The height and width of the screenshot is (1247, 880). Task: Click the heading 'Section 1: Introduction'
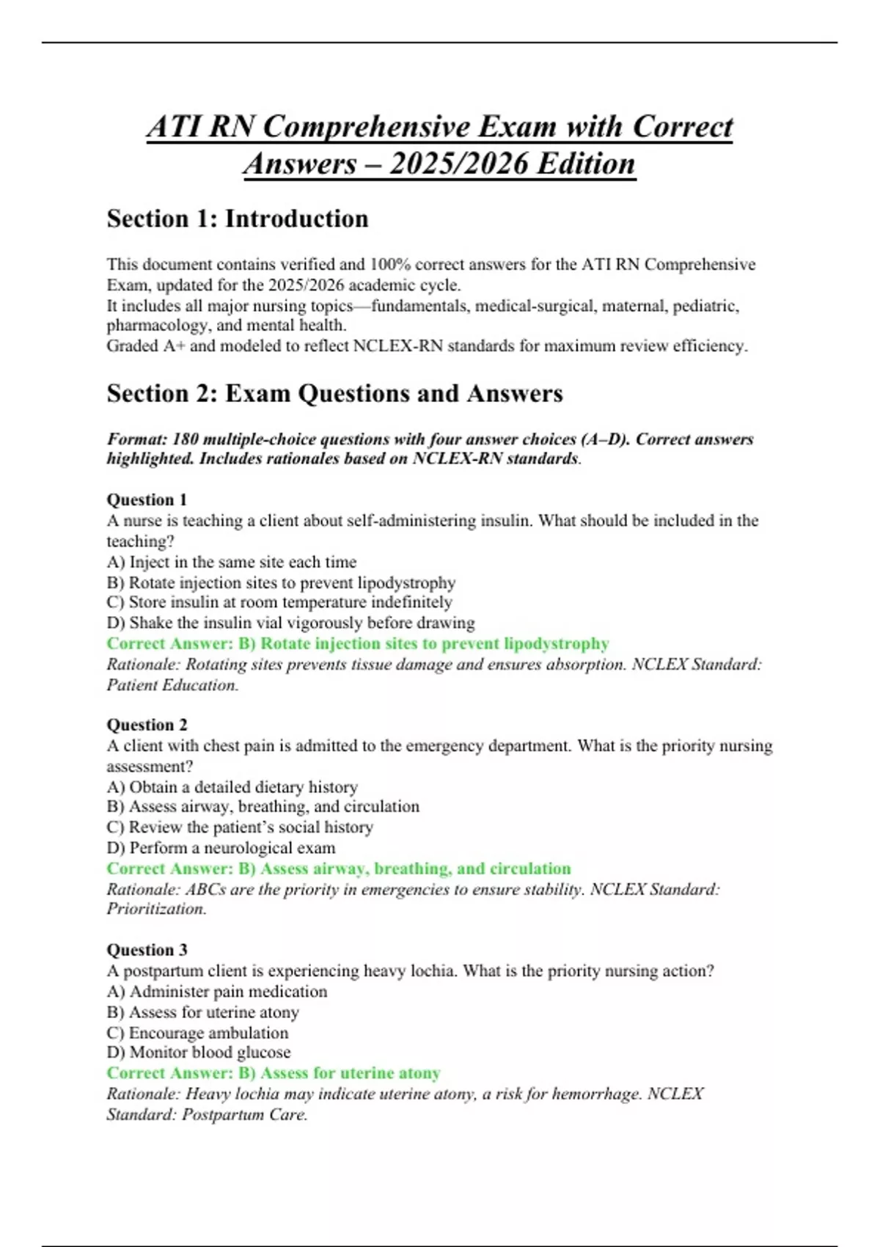(237, 219)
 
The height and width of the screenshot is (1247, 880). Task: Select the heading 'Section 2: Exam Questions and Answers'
(334, 393)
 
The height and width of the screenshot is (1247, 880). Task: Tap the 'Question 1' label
(147, 500)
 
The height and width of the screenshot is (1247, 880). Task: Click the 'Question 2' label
(147, 725)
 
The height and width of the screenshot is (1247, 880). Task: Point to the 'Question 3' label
(147, 950)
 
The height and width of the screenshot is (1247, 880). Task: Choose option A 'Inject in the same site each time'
(231, 562)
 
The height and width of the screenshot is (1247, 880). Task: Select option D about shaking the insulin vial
(290, 623)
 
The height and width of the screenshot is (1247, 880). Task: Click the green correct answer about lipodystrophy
(358, 643)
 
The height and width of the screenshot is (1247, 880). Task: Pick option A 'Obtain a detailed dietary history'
(232, 787)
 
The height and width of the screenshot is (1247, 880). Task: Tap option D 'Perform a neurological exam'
(221, 848)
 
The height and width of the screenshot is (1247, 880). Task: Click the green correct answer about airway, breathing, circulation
(339, 868)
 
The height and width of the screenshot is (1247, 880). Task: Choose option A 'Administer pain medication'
(217, 992)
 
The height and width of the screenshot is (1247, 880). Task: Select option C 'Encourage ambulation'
(197, 1033)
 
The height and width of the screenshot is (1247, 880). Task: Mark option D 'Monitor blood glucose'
(198, 1053)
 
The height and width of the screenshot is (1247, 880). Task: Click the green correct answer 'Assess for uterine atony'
(274, 1073)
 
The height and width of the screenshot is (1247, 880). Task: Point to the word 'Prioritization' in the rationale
(155, 909)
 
